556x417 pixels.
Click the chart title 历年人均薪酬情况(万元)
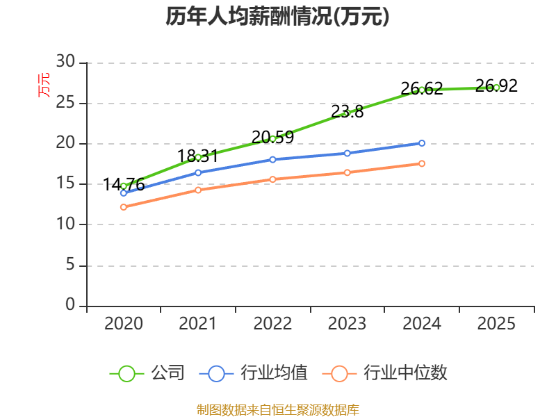pos(277,16)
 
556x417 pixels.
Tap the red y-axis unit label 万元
pos(44,85)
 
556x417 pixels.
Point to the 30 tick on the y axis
pos(65,62)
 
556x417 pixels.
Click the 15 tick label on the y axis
pos(65,183)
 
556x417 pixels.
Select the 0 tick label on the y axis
pos(70,304)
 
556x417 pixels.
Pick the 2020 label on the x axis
pos(124,323)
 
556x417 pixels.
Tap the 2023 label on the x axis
pos(347,323)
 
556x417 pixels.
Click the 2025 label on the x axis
pos(496,323)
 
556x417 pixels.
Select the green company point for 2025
pos(496,88)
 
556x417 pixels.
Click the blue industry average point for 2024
pos(422,143)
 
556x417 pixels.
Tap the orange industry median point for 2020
pos(124,207)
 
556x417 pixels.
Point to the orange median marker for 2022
pos(272,179)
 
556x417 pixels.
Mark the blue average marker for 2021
pos(198,172)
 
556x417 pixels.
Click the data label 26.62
pos(422,88)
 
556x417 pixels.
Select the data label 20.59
pos(272,137)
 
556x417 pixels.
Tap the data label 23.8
pos(347,112)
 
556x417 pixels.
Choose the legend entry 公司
pos(147,373)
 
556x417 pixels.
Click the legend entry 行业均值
pos(254,373)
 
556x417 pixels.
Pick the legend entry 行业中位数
pos(385,373)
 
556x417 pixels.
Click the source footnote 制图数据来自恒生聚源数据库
pos(277,410)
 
